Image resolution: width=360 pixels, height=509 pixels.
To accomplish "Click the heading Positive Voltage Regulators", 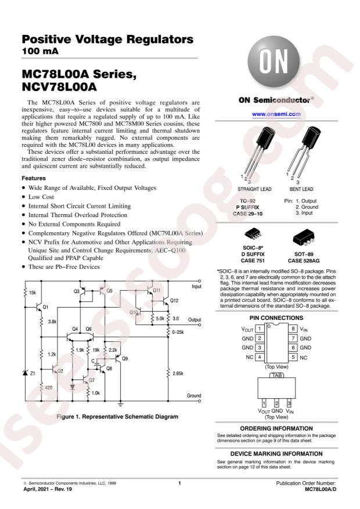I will tap(107, 40).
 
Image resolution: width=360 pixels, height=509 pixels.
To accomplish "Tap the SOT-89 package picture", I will tap(305, 234).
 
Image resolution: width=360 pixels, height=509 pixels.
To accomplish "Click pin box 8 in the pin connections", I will tap(294, 328).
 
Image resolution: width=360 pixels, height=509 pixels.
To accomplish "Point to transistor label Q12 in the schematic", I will tap(175, 301).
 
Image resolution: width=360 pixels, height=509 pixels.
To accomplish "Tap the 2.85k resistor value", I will tap(178, 373).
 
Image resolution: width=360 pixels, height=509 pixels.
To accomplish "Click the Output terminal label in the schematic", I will tap(195, 319).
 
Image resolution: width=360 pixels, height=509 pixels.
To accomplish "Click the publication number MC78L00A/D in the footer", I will tap(320, 490).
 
